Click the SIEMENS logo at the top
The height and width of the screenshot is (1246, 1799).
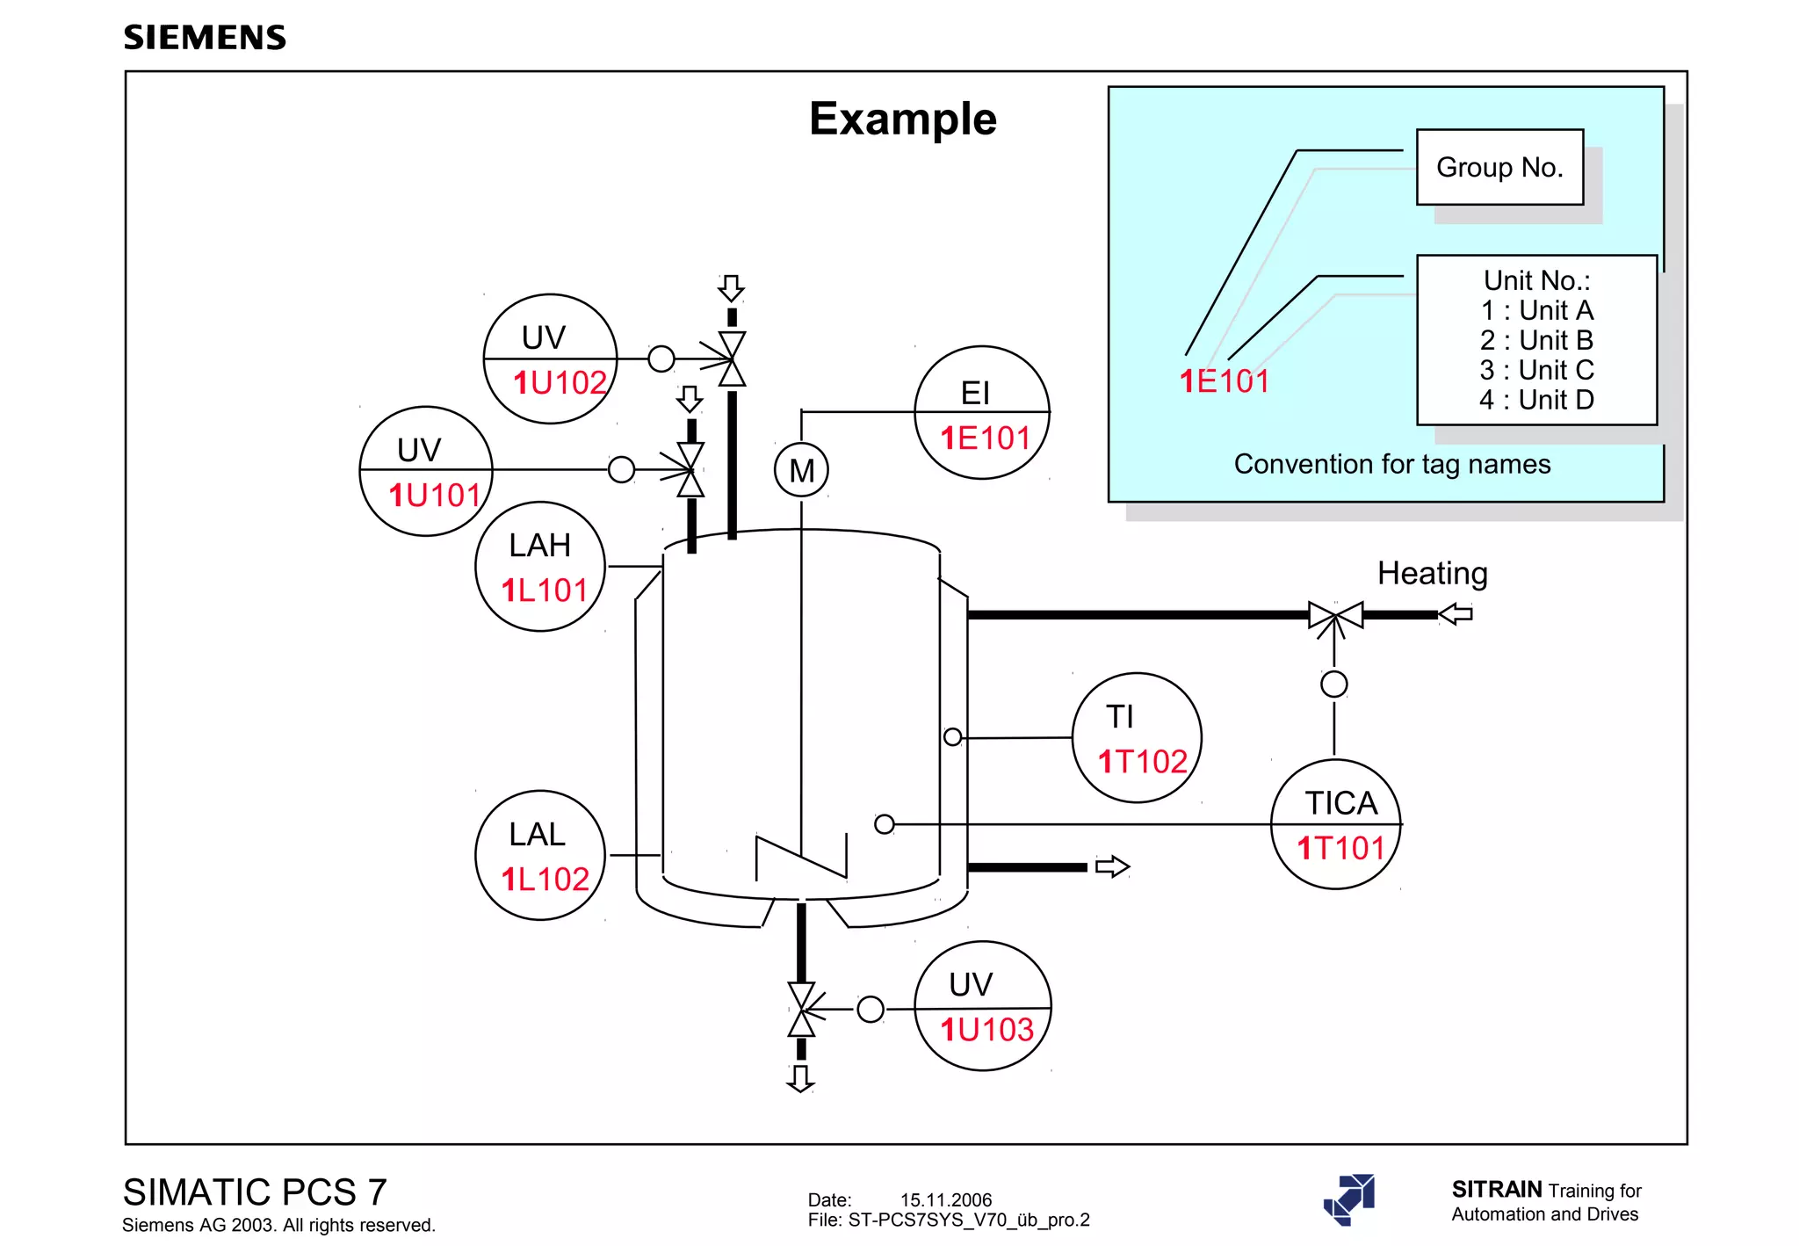tap(205, 38)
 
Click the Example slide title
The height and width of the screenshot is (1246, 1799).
tap(902, 119)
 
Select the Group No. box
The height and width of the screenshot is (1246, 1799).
tap(1499, 167)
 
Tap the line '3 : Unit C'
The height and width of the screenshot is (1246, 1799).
tap(1535, 370)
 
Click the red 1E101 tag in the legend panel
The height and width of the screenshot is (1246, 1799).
tap(1224, 381)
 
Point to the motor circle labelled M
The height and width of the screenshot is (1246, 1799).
tap(801, 470)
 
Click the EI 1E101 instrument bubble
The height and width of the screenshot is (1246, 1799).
tap(982, 413)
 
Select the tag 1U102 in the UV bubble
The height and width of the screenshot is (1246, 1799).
tap(560, 383)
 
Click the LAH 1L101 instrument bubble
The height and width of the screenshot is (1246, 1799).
tap(540, 567)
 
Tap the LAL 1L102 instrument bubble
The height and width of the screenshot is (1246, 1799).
tap(540, 855)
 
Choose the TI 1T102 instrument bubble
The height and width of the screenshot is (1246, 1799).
tap(1137, 738)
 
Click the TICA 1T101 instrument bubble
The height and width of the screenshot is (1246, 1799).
tap(1336, 824)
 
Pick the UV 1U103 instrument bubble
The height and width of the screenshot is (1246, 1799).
tap(982, 1006)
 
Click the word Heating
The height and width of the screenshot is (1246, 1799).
tap(1432, 574)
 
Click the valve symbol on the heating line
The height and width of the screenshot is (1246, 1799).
tap(1335, 615)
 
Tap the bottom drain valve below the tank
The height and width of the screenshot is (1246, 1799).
tap(801, 1010)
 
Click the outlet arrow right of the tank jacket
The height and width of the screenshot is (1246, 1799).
tap(1112, 866)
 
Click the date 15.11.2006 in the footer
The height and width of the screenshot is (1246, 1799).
tap(945, 1199)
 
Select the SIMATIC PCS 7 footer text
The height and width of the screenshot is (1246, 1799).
tap(255, 1192)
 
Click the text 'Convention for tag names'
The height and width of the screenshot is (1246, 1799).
tap(1391, 464)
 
